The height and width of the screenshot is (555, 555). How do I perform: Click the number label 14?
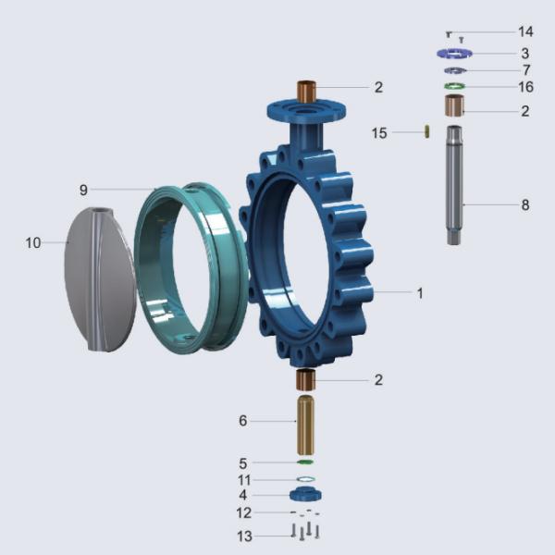tap(524, 32)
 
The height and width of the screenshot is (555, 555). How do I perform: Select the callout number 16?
tap(524, 87)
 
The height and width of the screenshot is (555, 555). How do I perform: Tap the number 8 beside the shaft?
tap(524, 205)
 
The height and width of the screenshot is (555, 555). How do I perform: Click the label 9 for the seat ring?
tap(82, 190)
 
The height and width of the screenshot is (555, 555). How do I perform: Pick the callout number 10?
tap(33, 243)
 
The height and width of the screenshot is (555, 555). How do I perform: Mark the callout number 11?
tap(243, 479)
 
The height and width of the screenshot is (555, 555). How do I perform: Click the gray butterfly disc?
tap(100, 277)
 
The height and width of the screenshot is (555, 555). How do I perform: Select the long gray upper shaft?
tap(454, 185)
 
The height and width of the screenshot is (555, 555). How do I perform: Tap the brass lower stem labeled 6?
tap(305, 422)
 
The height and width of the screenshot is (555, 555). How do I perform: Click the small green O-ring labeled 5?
tap(305, 462)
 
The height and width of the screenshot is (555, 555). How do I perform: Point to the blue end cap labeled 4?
tap(305, 494)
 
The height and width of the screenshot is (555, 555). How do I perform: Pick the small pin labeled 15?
tap(426, 132)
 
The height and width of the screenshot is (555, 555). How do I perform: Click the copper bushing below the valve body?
tap(305, 379)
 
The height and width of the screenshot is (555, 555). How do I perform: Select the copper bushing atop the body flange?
tap(306, 91)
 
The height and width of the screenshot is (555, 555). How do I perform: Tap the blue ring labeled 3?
tap(454, 54)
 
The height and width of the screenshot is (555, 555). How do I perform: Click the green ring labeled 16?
tap(454, 87)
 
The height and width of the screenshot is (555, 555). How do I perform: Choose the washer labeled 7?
tap(454, 70)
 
